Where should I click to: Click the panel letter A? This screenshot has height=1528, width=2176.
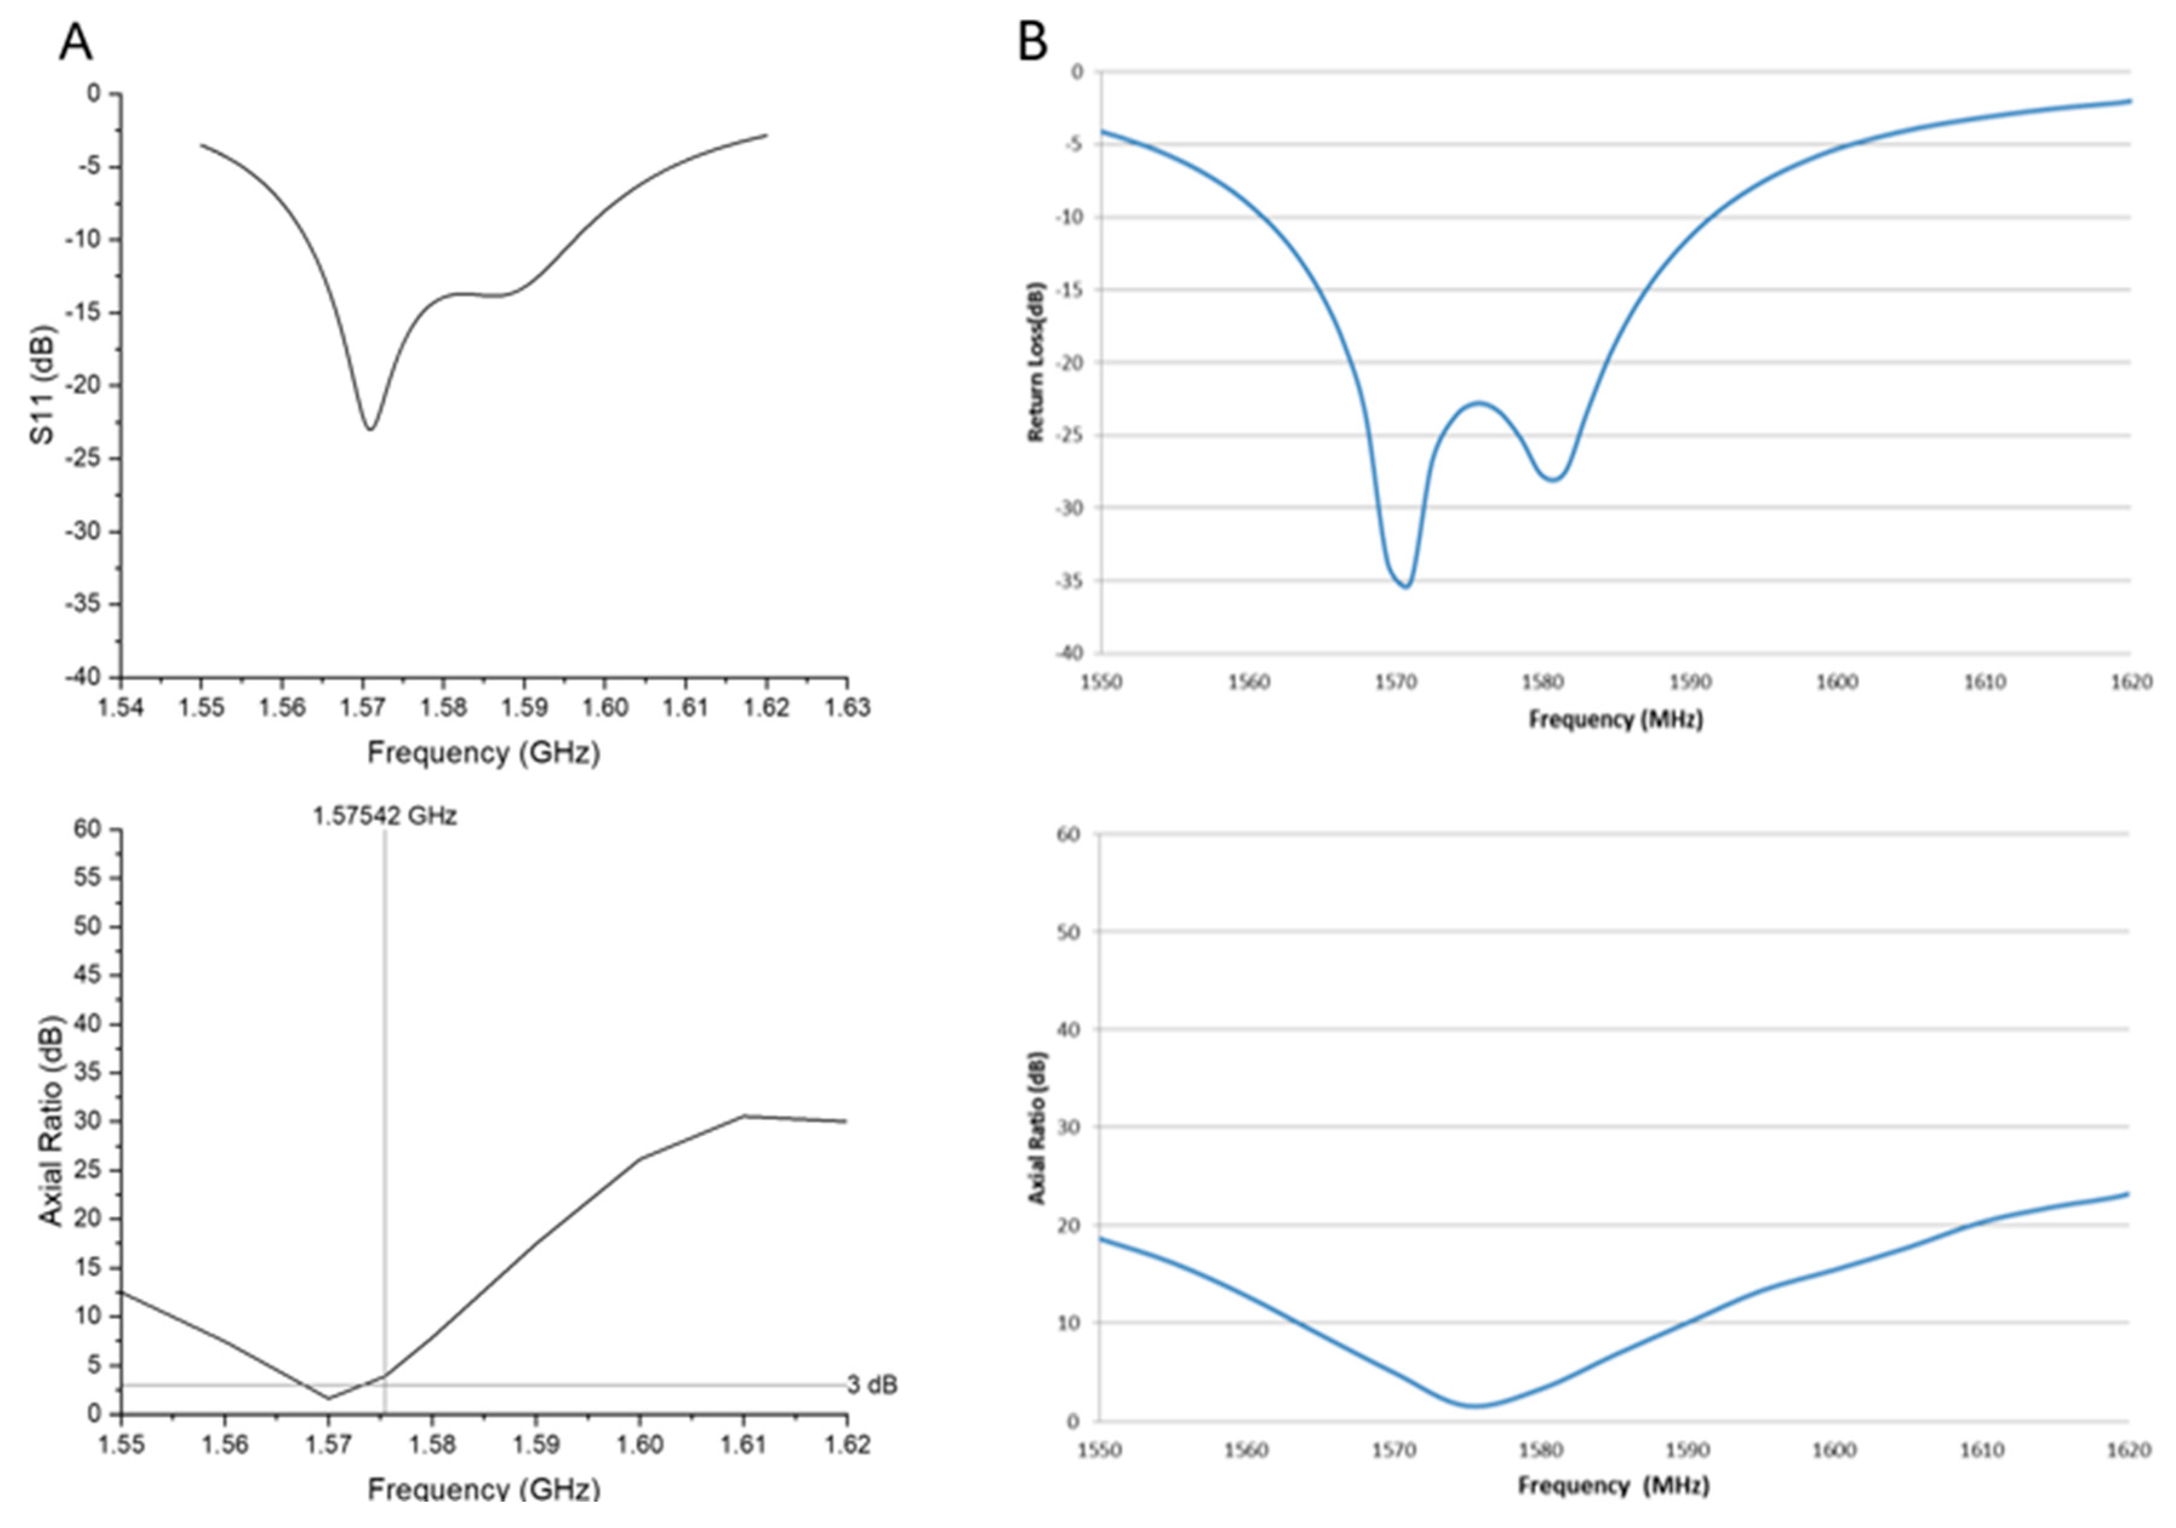[x=76, y=42]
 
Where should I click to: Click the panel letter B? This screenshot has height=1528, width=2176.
[x=1032, y=42]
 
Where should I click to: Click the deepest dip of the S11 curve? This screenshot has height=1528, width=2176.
[x=371, y=429]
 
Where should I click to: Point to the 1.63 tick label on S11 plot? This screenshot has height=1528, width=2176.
[x=846, y=707]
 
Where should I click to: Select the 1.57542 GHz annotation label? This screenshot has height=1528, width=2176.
[x=385, y=816]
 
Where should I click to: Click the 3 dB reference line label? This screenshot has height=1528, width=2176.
[x=871, y=1385]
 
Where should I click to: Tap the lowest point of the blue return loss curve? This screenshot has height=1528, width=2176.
[x=1407, y=586]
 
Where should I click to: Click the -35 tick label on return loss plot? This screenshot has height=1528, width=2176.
[x=1068, y=581]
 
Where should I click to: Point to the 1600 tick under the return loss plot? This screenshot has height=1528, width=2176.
[x=1836, y=682]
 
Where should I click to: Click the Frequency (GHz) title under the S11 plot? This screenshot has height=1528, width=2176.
[x=483, y=753]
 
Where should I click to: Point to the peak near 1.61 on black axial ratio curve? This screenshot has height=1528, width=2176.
[x=744, y=1116]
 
